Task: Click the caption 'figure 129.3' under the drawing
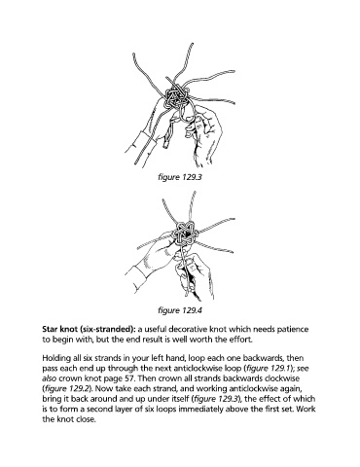coord(180,177)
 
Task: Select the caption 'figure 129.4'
coord(180,310)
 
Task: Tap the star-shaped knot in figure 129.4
coord(185,234)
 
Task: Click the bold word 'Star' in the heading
coord(50,329)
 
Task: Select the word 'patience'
coord(294,329)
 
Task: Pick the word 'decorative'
coord(189,329)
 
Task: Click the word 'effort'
coord(242,340)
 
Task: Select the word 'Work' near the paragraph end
coord(306,409)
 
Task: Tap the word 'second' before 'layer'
coord(95,409)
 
